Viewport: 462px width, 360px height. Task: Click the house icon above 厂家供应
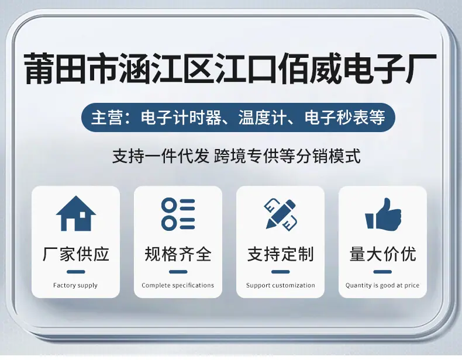pyautogui.click(x=75, y=213)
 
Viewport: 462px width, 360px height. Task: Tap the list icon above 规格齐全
pyautogui.click(x=178, y=214)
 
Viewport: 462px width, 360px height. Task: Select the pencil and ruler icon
pyautogui.click(x=280, y=214)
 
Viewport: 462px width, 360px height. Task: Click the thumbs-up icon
pyautogui.click(x=383, y=214)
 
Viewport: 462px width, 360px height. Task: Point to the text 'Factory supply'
pyautogui.click(x=75, y=285)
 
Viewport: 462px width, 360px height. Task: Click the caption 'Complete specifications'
pyautogui.click(x=178, y=285)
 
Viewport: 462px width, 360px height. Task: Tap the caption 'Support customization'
pyautogui.click(x=281, y=285)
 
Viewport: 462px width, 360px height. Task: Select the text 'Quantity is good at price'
pyautogui.click(x=382, y=285)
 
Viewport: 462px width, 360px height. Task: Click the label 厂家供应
pyautogui.click(x=75, y=254)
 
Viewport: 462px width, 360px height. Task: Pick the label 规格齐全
pyautogui.click(x=178, y=254)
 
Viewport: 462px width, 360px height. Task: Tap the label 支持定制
pyautogui.click(x=281, y=254)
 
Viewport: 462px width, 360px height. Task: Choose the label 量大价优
pyautogui.click(x=382, y=254)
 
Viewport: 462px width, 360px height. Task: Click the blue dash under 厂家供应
pyautogui.click(x=75, y=272)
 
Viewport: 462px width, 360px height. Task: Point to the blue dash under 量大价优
pyautogui.click(x=382, y=272)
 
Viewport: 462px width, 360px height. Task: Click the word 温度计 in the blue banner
pyautogui.click(x=263, y=117)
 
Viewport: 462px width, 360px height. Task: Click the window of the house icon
pyautogui.click(x=82, y=215)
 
